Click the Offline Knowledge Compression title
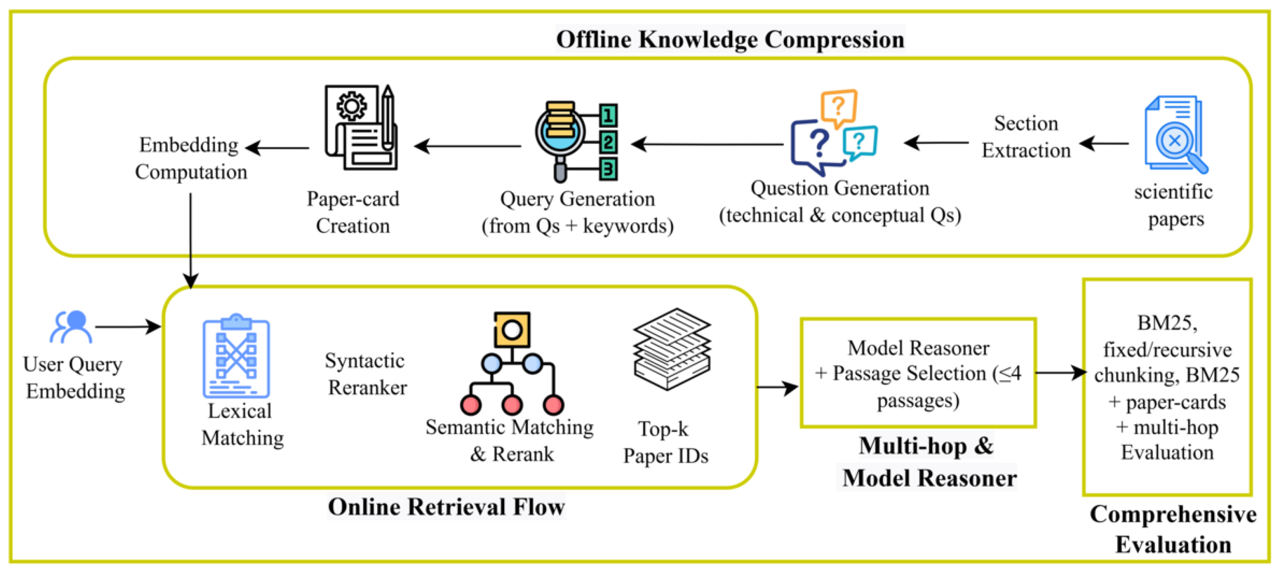730,39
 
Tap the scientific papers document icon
1175,134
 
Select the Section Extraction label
1025,136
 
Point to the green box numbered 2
608,142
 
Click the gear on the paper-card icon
351,106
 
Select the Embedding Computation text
191,158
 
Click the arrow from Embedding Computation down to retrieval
190,238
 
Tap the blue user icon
71,327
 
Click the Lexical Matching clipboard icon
236,357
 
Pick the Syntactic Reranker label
365,374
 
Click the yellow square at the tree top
512,329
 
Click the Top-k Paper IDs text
665,442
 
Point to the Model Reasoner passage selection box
917,373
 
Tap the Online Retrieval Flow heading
446,507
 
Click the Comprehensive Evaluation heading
1173,529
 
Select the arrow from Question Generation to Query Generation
707,144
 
